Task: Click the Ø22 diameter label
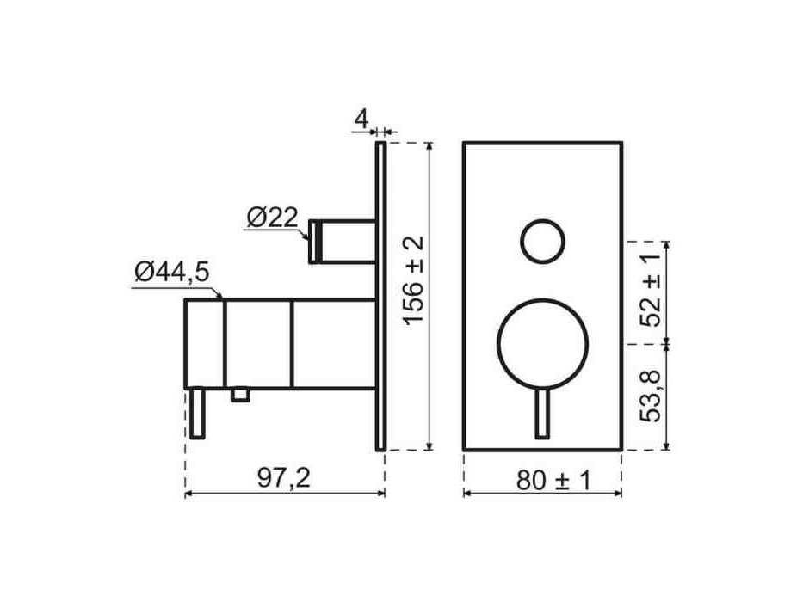coord(272,218)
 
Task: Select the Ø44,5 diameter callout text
coord(172,273)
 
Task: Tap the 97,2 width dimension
coord(284,479)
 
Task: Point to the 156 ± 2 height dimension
coord(414,280)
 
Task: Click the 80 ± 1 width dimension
coord(553,481)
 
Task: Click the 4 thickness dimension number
coord(361,120)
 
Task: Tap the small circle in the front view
coord(543,242)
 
